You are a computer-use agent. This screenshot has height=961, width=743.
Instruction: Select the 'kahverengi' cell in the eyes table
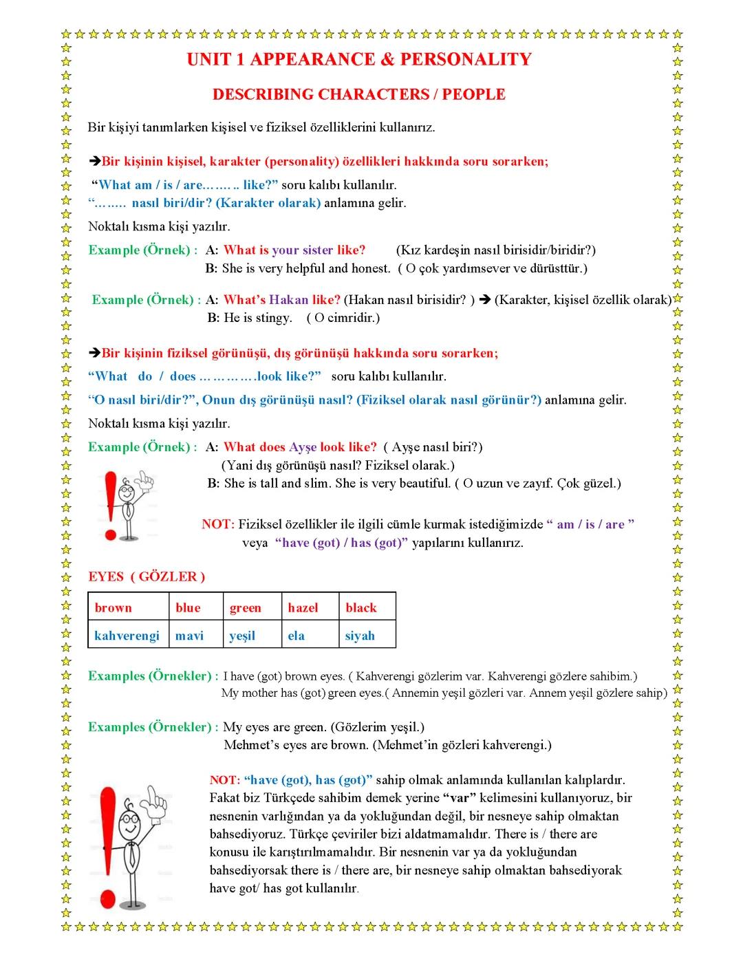[x=127, y=636]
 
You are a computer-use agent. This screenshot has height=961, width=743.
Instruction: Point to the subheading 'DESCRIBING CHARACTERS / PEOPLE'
[x=358, y=94]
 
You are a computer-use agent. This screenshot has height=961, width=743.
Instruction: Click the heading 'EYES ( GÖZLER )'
[x=147, y=576]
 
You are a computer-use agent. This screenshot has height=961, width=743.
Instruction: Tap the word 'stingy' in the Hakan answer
[x=273, y=318]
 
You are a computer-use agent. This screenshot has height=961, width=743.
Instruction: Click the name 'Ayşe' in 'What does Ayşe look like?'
[x=303, y=447]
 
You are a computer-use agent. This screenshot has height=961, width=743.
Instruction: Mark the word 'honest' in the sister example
[x=370, y=268]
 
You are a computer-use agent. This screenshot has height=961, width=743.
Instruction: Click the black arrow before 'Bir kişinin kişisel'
[x=95, y=162]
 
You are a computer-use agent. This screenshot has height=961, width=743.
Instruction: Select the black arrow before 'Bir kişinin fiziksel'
[x=95, y=354]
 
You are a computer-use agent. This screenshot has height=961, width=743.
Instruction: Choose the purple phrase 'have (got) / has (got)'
[x=341, y=543]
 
